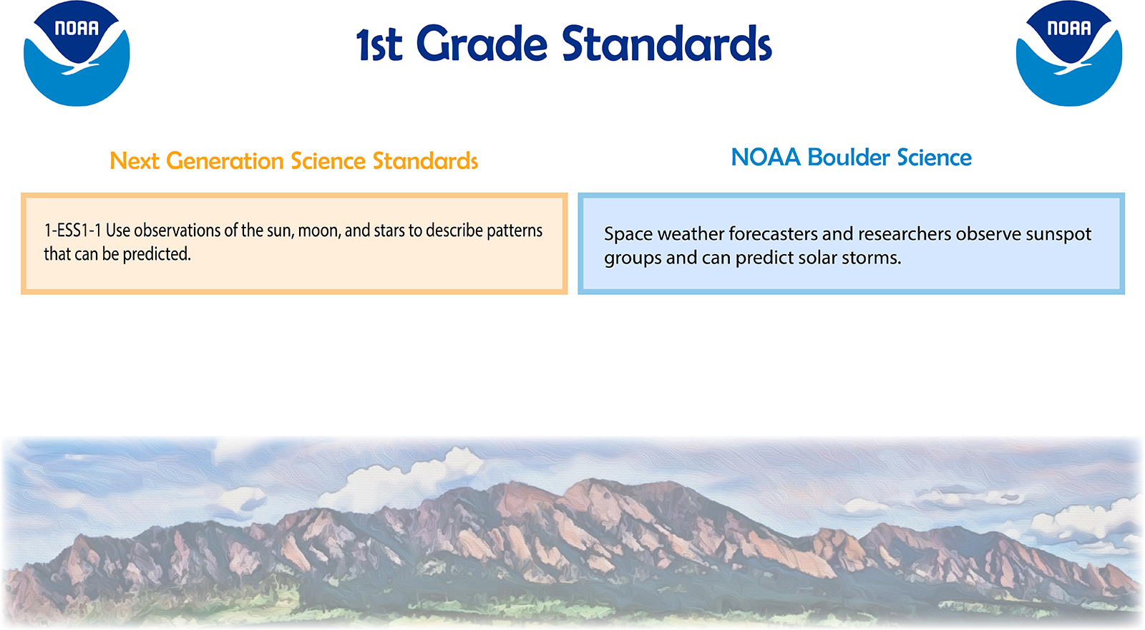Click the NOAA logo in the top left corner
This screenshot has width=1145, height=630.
[77, 53]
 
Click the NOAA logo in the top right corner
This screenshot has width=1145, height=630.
[1069, 53]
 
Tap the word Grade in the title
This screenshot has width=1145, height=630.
[482, 44]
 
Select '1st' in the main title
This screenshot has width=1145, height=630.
[379, 45]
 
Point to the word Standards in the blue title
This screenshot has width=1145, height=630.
[667, 44]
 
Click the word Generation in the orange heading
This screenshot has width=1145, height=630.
[225, 162]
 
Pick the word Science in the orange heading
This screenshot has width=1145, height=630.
[328, 161]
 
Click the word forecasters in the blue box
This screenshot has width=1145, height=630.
[773, 234]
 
